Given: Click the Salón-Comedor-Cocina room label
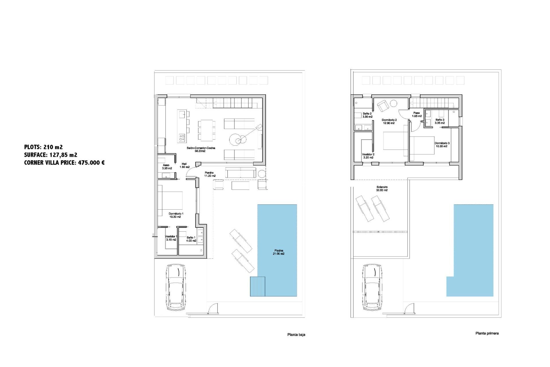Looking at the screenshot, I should (205, 149).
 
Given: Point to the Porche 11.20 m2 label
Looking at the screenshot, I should (210, 174).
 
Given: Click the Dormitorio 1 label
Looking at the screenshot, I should (176, 215).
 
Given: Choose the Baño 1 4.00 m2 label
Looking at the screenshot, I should (191, 239).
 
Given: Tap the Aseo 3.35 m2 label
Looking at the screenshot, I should (167, 167).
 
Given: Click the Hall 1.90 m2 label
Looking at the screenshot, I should (184, 165).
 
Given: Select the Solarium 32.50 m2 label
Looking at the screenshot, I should (382, 189).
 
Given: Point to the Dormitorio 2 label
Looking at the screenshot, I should (389, 122).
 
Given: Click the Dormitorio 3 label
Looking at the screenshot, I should (442, 145).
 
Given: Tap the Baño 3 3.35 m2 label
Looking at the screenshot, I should (440, 121).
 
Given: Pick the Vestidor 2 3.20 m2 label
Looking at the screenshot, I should (368, 156).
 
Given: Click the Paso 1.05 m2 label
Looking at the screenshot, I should (417, 115).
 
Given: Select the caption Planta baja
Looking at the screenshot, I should (296, 335).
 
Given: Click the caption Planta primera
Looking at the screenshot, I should (487, 333).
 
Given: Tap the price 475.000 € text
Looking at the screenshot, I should (91, 163).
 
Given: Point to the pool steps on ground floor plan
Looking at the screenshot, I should (257, 286).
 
